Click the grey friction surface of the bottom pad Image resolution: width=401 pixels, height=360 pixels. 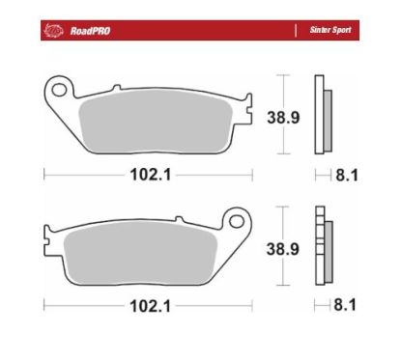[x=145, y=253]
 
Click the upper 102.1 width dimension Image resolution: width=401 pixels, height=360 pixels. [x=146, y=176]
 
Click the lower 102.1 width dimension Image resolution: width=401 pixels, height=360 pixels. [x=146, y=306]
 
